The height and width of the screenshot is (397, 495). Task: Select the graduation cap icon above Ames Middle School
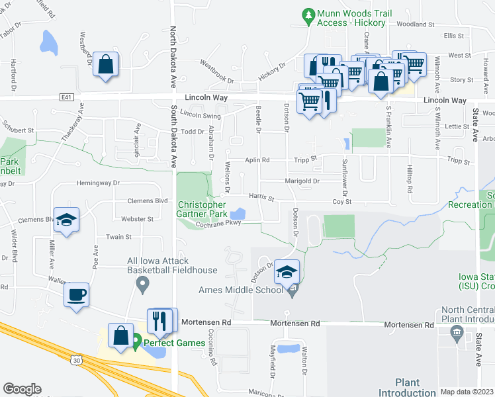287,272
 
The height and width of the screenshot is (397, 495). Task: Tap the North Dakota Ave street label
173,53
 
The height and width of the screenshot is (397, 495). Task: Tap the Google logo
22,389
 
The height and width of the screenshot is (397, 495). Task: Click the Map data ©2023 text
467,392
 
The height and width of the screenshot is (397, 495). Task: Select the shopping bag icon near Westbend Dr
105,64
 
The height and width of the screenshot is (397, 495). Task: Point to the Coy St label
341,201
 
